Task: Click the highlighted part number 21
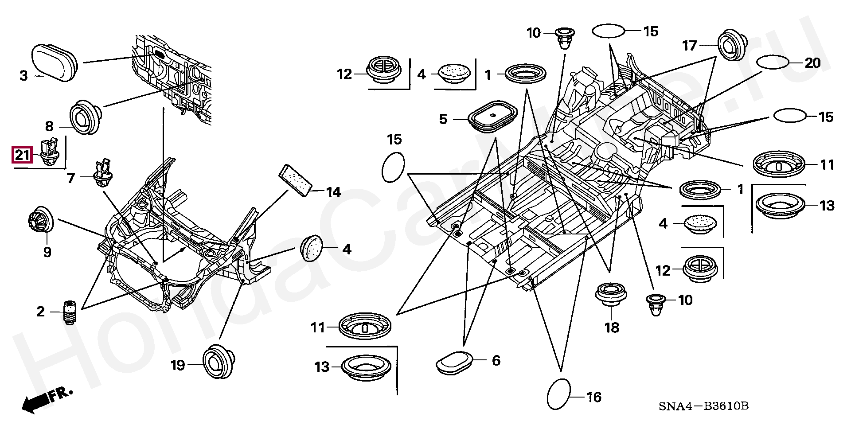pos(22,156)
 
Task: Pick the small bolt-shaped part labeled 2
pos(69,313)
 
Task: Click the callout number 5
pos(443,119)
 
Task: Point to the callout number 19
pos(178,365)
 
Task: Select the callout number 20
pos(812,63)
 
